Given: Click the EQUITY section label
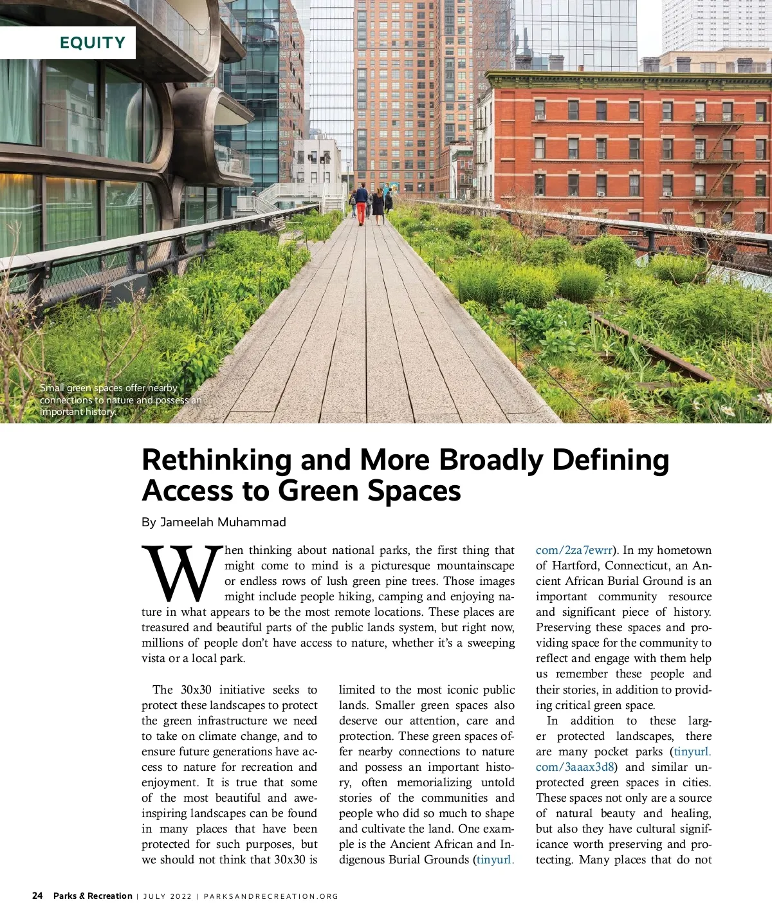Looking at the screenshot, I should [92, 43].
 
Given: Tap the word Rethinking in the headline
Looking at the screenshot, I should [217, 460].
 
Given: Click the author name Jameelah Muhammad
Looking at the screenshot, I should [223, 522].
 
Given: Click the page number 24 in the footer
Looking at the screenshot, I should [37, 896].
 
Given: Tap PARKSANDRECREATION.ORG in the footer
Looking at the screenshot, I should [271, 896].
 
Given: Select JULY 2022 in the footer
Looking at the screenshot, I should [167, 896].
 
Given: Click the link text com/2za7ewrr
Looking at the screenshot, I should [574, 550].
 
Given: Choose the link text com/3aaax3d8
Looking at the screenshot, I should [575, 767].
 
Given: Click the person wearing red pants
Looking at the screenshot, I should [362, 205].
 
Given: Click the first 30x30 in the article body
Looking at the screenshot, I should [196, 690].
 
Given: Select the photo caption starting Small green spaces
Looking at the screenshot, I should [120, 400].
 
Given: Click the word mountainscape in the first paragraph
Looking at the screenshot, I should [475, 566].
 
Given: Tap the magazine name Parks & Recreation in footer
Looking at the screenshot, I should [93, 896].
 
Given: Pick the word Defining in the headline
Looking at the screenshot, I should [611, 460].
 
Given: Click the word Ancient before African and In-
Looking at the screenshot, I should [410, 844].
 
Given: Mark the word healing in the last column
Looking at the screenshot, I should [690, 813].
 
